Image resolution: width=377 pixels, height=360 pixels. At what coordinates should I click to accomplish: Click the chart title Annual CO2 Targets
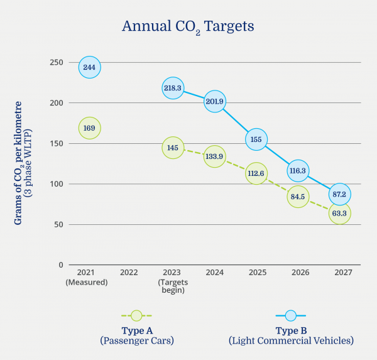[x=188, y=26]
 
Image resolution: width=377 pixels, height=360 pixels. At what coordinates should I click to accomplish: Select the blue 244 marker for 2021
[x=89, y=67]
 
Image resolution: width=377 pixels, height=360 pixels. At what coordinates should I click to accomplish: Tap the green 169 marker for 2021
[x=89, y=128]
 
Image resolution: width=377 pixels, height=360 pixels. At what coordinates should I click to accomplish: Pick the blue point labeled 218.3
[x=173, y=89]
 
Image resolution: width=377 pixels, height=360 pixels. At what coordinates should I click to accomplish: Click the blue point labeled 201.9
[x=214, y=101]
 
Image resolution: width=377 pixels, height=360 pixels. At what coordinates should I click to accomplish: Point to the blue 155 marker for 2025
[x=256, y=139]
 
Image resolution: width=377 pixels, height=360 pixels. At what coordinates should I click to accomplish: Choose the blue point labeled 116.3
[x=298, y=170]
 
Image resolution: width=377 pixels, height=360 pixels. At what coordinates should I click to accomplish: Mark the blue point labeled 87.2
[x=339, y=194]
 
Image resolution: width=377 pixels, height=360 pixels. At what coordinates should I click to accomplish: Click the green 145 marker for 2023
[x=173, y=148]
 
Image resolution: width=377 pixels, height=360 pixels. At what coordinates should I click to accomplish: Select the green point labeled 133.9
[x=214, y=157]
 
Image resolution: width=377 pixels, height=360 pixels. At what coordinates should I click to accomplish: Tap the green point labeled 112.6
[x=256, y=174]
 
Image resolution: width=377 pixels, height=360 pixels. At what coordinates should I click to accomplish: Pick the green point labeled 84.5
[x=298, y=197]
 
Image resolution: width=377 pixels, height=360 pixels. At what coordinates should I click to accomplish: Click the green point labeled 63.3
[x=339, y=214]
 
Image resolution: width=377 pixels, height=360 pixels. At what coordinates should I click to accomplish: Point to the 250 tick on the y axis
[x=57, y=62]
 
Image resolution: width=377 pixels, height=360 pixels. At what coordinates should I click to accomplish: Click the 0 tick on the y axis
[x=61, y=265]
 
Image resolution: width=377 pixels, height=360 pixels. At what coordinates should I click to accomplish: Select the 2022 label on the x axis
[x=129, y=273]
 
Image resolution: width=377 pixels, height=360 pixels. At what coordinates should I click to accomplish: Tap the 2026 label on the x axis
[x=298, y=273]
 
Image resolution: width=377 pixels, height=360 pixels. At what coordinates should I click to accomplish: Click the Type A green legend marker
[x=137, y=315]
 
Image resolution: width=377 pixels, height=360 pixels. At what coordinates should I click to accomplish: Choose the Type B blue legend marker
[x=291, y=315]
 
